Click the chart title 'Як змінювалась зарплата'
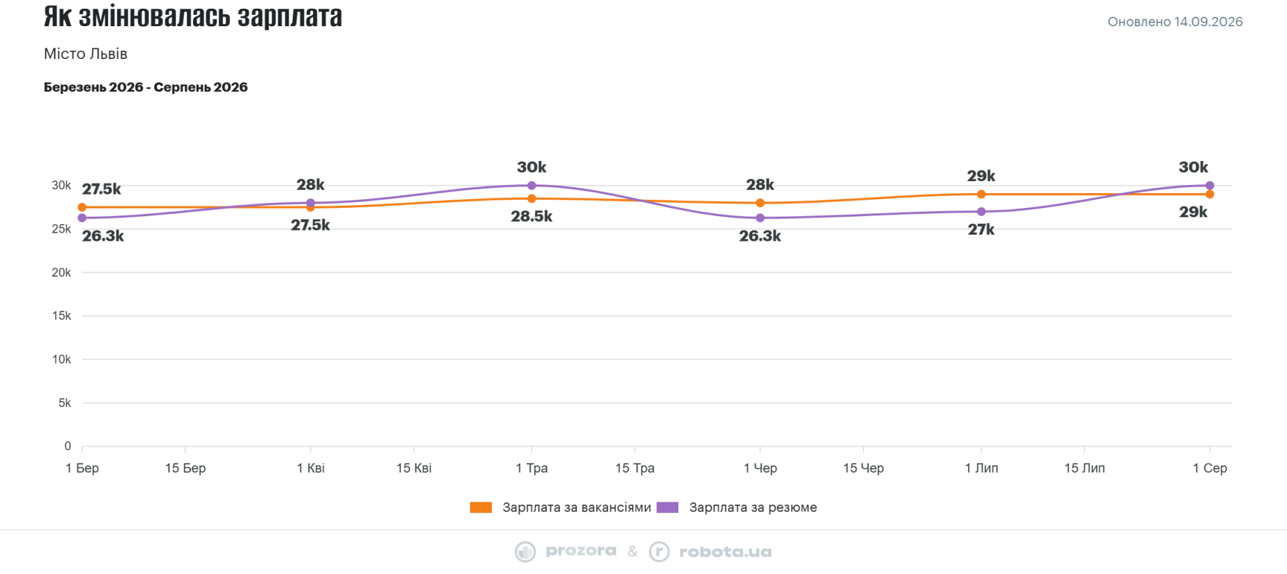pyautogui.click(x=193, y=16)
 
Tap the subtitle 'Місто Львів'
pyautogui.click(x=86, y=54)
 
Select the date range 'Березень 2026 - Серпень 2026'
pyautogui.click(x=145, y=87)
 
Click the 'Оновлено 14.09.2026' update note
pyautogui.click(x=1175, y=21)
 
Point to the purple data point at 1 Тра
pyautogui.click(x=532, y=186)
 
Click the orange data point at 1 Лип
pyautogui.click(x=981, y=194)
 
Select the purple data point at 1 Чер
pyautogui.click(x=760, y=218)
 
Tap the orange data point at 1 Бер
pyautogui.click(x=82, y=207)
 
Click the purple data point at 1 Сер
pyautogui.click(x=1210, y=186)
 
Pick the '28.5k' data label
pyautogui.click(x=532, y=217)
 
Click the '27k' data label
pyautogui.click(x=981, y=230)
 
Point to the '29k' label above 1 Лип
pyautogui.click(x=981, y=176)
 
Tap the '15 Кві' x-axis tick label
pyautogui.click(x=414, y=468)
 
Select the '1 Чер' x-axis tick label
pyautogui.click(x=760, y=468)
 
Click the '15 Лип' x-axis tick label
pyautogui.click(x=1085, y=468)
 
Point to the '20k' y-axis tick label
pyautogui.click(x=62, y=272)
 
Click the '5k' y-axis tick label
pyautogui.click(x=65, y=403)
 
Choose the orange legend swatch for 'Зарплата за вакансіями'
pyautogui.click(x=481, y=508)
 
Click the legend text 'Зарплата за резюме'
pyautogui.click(x=753, y=508)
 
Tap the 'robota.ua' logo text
pyautogui.click(x=725, y=552)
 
